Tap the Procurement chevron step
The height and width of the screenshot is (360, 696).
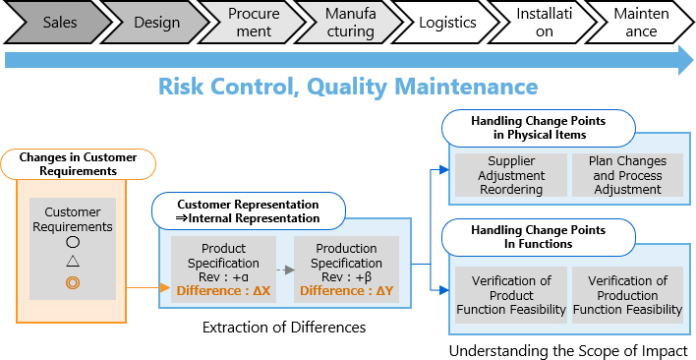pyautogui.click(x=253, y=23)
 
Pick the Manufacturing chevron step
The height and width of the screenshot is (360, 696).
pyautogui.click(x=350, y=23)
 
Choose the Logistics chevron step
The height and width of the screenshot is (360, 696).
pyautogui.click(x=447, y=23)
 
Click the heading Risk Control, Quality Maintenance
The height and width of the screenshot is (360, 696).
pyautogui.click(x=348, y=87)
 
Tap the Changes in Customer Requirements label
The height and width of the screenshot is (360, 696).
pyautogui.click(x=79, y=163)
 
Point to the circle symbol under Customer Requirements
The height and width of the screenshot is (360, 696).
pyautogui.click(x=72, y=241)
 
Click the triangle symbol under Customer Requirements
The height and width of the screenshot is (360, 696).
pyautogui.click(x=72, y=262)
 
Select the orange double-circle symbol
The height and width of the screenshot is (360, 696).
pyautogui.click(x=72, y=282)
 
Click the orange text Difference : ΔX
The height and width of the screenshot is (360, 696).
pyautogui.click(x=222, y=290)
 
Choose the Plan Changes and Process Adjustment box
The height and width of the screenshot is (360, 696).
pyautogui.click(x=626, y=175)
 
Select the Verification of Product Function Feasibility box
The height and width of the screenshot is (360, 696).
pyautogui.click(x=510, y=295)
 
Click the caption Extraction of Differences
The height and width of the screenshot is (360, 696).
pyautogui.click(x=283, y=326)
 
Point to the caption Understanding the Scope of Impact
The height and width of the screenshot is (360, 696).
pyautogui.click(x=568, y=351)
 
